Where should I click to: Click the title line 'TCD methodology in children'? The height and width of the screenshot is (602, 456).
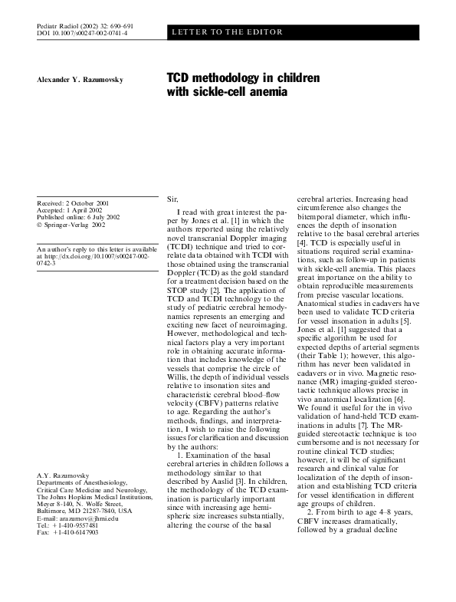click(x=244, y=79)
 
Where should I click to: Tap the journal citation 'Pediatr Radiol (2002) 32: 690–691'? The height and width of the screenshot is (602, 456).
click(x=81, y=26)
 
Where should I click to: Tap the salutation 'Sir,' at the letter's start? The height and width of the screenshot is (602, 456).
click(x=172, y=199)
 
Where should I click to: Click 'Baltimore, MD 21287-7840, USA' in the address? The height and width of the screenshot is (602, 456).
click(x=84, y=532)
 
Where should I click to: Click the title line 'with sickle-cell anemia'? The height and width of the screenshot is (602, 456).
click(x=228, y=93)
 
